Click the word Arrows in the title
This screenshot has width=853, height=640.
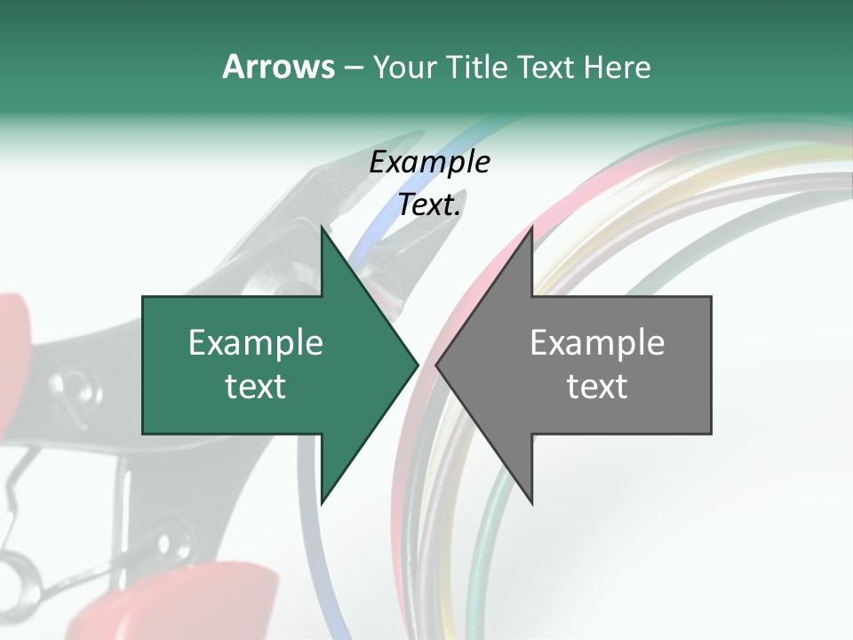(278, 67)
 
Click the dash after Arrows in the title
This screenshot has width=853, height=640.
(353, 68)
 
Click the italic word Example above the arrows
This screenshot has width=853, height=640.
(429, 162)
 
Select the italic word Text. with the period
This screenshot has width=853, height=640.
(429, 205)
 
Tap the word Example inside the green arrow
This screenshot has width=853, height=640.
(256, 343)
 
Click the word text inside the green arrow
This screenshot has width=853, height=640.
(256, 387)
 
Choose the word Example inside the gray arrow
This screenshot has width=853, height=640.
(597, 343)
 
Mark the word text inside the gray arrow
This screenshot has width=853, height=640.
(597, 387)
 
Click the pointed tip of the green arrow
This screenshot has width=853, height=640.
(417, 364)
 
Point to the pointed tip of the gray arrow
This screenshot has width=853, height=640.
(437, 364)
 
